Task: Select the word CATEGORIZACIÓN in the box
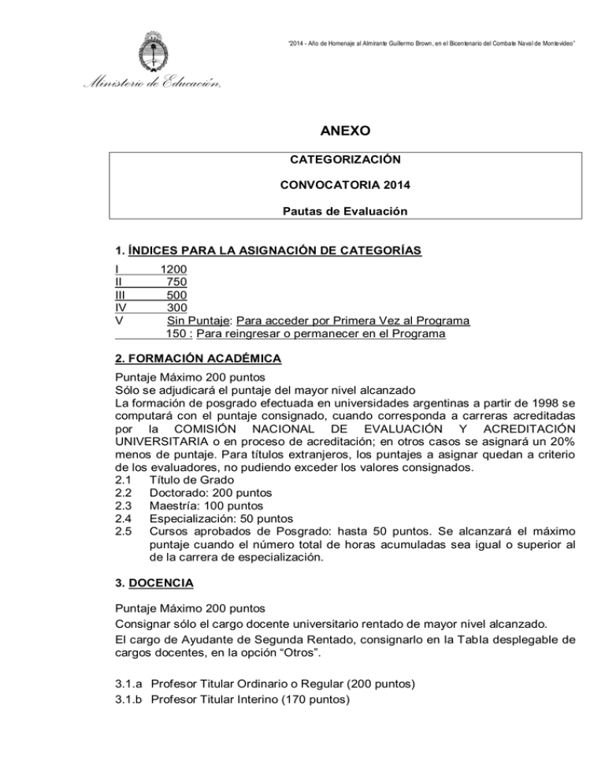pyautogui.click(x=347, y=160)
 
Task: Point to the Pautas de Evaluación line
pyautogui.click(x=347, y=212)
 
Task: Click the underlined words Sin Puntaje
pyautogui.click(x=199, y=321)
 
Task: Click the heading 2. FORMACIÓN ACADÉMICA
pyautogui.click(x=197, y=358)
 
